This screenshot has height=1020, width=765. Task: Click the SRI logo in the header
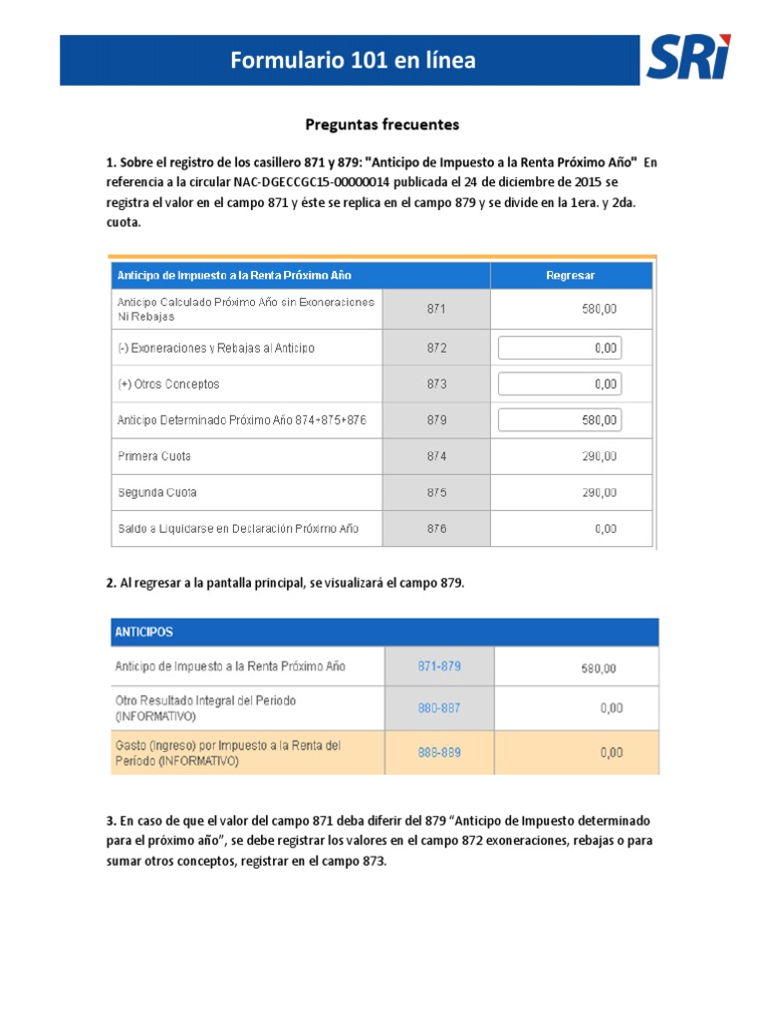coord(687,59)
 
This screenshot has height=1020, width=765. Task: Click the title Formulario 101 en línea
coord(353,61)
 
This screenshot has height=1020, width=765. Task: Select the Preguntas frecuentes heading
coord(382,125)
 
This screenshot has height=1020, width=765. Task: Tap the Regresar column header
coord(571,275)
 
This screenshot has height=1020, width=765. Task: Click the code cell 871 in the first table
coord(436,309)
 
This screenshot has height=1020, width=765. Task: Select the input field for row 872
coord(560,348)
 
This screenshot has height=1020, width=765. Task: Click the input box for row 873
coord(560,383)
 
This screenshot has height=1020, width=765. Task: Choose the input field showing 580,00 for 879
coord(560,419)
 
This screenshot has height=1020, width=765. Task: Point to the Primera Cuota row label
coord(154,456)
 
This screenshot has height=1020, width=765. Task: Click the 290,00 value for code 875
coord(599,492)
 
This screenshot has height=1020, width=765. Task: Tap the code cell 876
coord(436,528)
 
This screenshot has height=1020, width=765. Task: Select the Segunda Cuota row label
coord(156,492)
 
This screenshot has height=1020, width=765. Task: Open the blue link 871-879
coord(438,665)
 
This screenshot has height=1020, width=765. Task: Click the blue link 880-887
coord(438,708)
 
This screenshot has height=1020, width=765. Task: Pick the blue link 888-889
coord(438,753)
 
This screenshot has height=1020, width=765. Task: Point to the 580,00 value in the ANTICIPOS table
coord(599,667)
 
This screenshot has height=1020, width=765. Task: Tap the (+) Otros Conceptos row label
coord(168,383)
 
